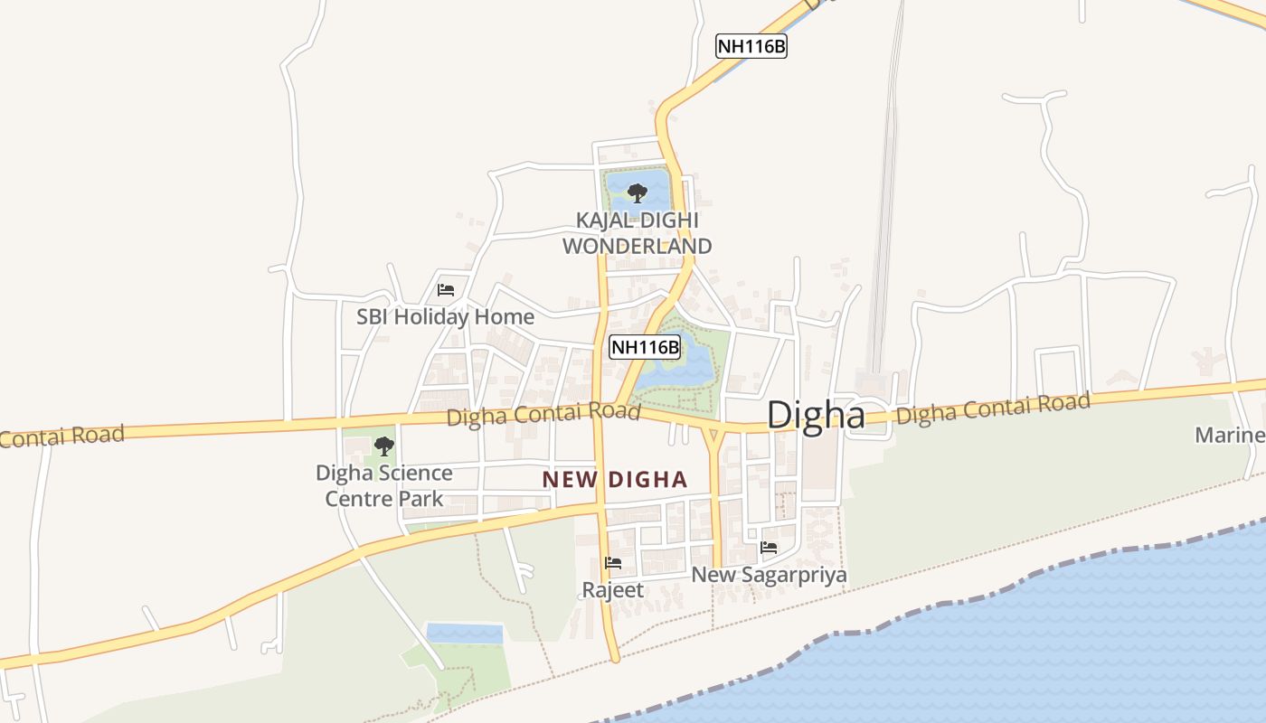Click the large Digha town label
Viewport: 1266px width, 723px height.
pyautogui.click(x=816, y=415)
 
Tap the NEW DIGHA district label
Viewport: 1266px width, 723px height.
pyautogui.click(x=615, y=480)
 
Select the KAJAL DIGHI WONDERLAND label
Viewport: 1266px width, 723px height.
pyautogui.click(x=637, y=233)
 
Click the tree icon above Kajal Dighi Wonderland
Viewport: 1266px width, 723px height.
pyautogui.click(x=637, y=192)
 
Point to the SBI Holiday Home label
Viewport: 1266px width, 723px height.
pyautogui.click(x=445, y=317)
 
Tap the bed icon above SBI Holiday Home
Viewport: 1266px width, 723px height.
pyautogui.click(x=445, y=290)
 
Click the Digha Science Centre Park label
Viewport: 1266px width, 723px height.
pyautogui.click(x=384, y=485)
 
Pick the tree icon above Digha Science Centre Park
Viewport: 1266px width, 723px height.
pyautogui.click(x=384, y=446)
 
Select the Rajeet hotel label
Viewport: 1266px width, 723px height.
pyautogui.click(x=613, y=590)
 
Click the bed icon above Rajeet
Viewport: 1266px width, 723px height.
pyautogui.click(x=613, y=563)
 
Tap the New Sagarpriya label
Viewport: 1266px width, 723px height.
pyautogui.click(x=769, y=575)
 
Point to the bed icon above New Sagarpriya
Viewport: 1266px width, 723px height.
pyautogui.click(x=769, y=547)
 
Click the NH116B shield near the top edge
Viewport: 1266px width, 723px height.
pyautogui.click(x=751, y=47)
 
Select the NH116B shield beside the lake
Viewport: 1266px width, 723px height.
pyautogui.click(x=645, y=347)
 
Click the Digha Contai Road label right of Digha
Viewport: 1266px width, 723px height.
pyautogui.click(x=993, y=408)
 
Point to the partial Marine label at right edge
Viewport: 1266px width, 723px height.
pyautogui.click(x=1230, y=436)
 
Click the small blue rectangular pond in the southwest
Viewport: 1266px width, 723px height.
pyautogui.click(x=464, y=633)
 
